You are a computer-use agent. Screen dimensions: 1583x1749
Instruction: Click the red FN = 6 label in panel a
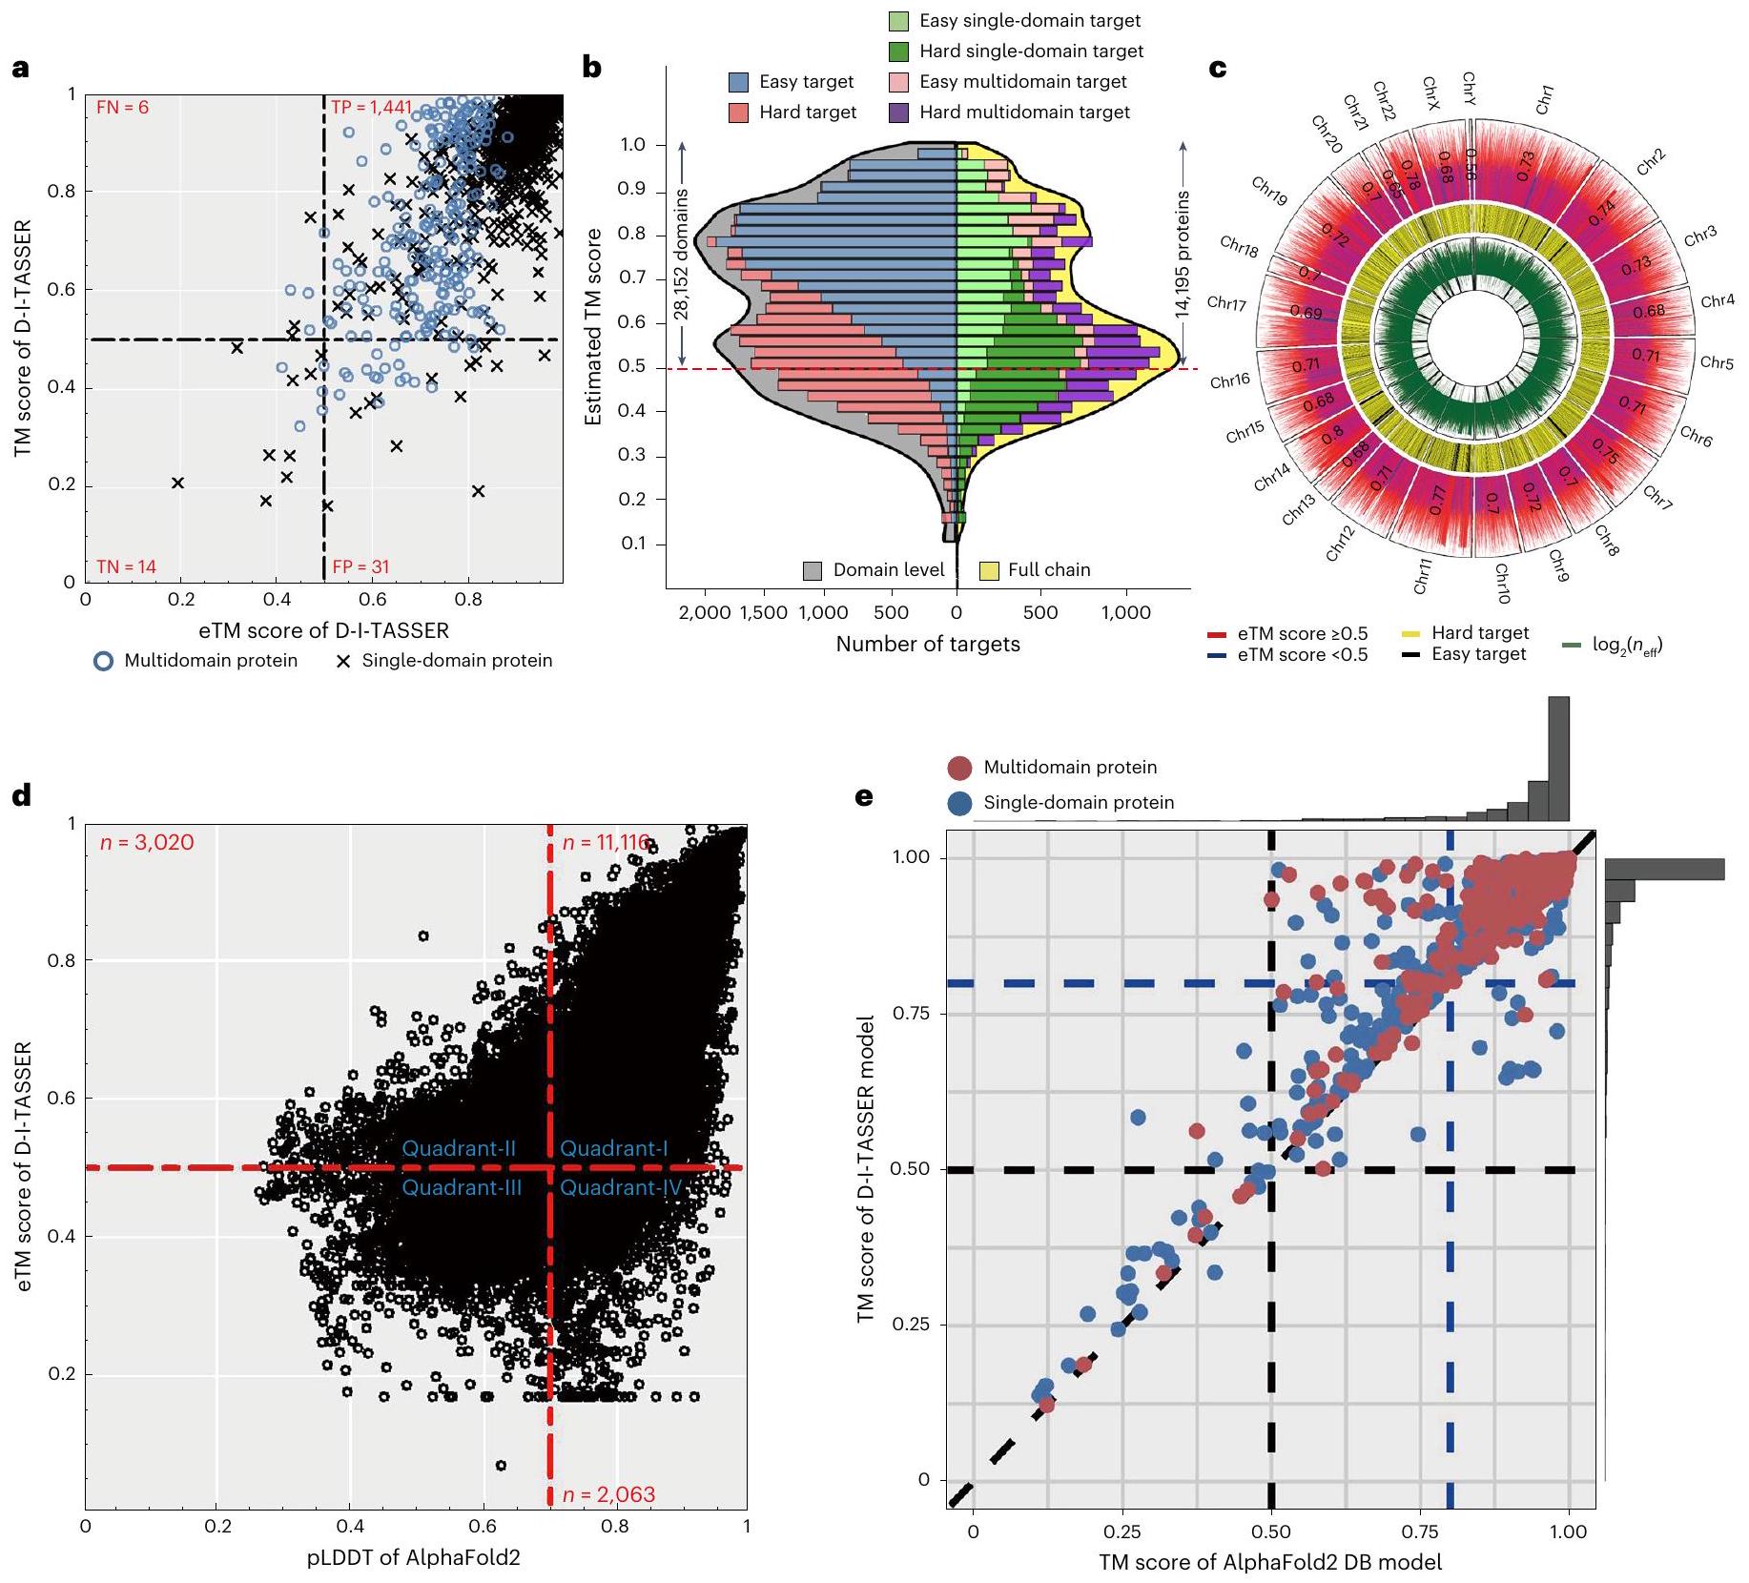pos(123,108)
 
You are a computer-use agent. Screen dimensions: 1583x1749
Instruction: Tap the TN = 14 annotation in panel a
pos(126,567)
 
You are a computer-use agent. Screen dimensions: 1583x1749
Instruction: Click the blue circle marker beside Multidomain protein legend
pos(103,661)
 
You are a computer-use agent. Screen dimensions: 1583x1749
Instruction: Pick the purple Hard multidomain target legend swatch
pos(897,113)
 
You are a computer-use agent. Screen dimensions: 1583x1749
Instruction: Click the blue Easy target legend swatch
pos(738,82)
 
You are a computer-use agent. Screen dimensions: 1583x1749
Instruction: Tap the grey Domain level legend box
pos(813,570)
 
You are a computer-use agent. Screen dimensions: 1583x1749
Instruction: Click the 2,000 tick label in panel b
pos(703,612)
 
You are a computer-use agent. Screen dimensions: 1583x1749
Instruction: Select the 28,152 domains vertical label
pos(682,252)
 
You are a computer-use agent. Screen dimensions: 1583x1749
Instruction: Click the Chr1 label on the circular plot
pos(1546,99)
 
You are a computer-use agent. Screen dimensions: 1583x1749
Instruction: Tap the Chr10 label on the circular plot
pos(1501,584)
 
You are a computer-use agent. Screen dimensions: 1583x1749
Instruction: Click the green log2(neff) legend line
pos(1574,646)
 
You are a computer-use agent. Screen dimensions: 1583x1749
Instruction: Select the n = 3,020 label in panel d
pos(147,843)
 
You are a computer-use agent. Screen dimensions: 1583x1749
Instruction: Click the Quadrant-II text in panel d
pos(459,1148)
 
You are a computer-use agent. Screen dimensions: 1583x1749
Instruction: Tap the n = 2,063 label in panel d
pos(608,1494)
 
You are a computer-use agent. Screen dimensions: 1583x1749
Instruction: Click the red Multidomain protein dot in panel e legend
pos(960,768)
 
